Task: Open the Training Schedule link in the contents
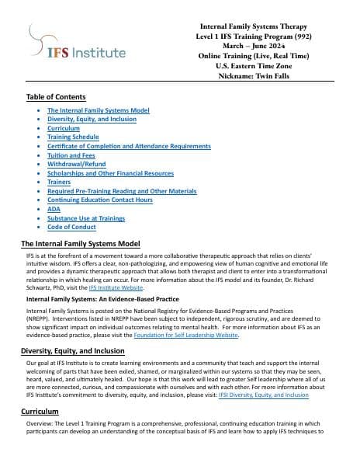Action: point(73,137)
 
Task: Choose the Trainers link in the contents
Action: point(60,182)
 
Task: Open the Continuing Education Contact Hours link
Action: point(100,200)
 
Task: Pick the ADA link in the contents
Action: point(54,209)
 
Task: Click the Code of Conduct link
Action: point(71,227)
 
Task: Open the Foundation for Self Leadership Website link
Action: point(195,336)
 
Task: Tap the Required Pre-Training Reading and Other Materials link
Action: point(122,191)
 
